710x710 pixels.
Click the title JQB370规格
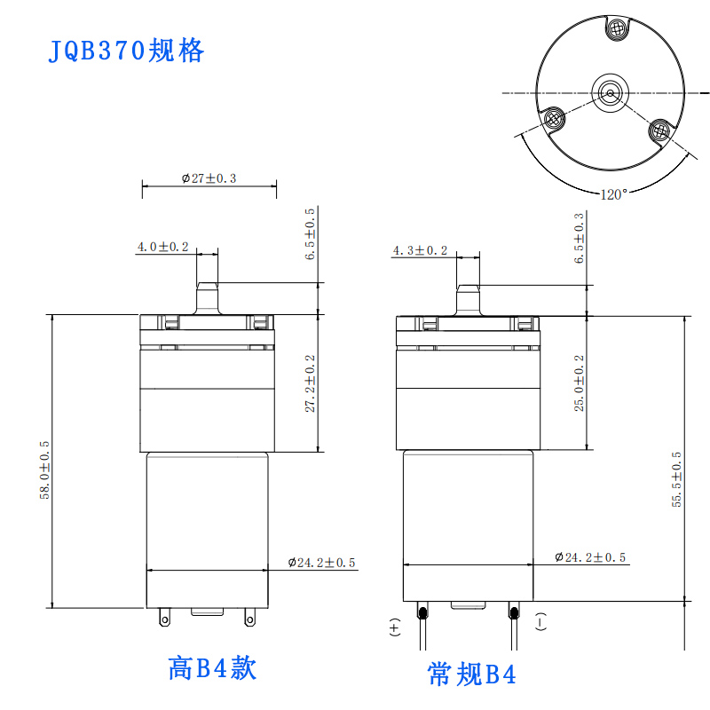(126, 51)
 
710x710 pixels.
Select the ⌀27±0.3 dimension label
(209, 178)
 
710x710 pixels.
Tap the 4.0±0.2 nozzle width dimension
(162, 247)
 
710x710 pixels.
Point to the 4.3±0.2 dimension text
(420, 250)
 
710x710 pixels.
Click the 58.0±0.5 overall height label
(44, 470)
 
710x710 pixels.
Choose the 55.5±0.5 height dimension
(676, 479)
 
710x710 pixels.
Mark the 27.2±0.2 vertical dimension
(310, 383)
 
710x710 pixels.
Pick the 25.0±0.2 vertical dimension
(580, 383)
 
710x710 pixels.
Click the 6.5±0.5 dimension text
(310, 234)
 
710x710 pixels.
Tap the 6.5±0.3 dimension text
(580, 238)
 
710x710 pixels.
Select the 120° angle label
(614, 194)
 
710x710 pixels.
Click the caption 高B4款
(212, 668)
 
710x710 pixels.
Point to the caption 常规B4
(471, 674)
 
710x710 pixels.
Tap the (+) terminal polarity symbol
(394, 627)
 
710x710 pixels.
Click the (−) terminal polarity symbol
(540, 621)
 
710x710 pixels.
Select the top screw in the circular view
(616, 29)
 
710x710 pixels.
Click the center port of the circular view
(610, 93)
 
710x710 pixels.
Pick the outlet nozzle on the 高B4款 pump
(207, 298)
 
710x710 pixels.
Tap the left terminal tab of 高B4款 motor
(165, 617)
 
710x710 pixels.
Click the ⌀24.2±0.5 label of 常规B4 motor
(590, 557)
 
